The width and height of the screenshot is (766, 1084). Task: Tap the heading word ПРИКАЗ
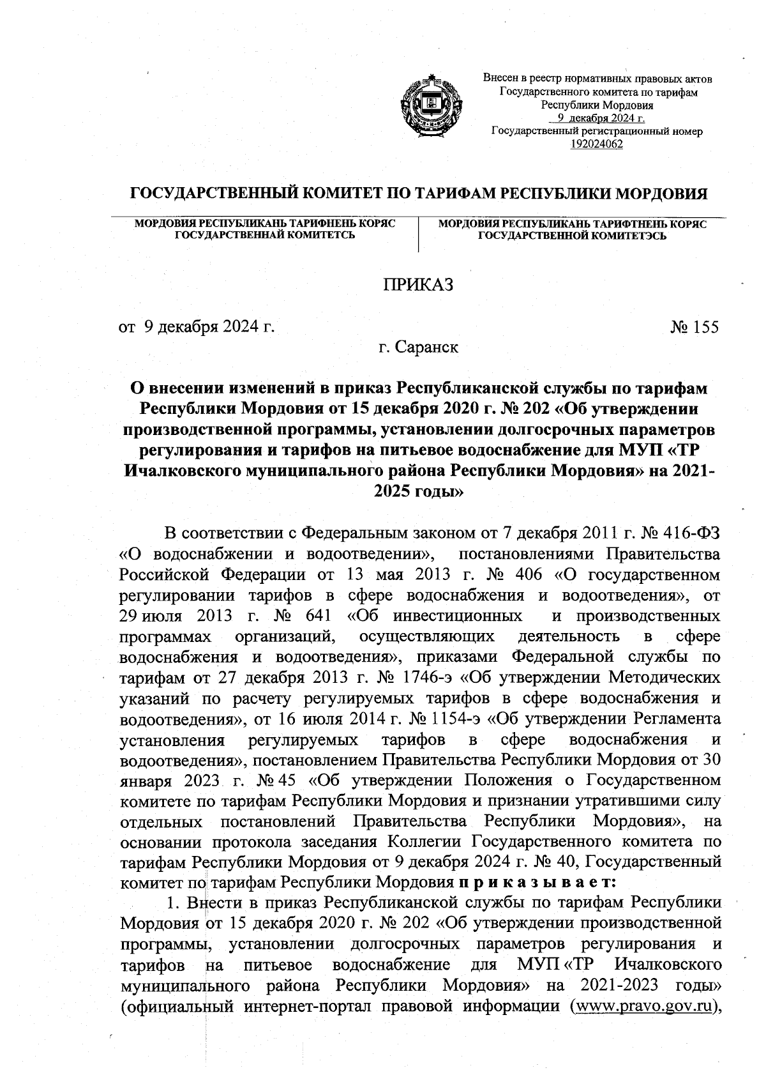coord(417,284)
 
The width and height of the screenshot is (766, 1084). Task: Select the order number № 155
coord(695,327)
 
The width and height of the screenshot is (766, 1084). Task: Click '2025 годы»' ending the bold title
coord(417,492)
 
